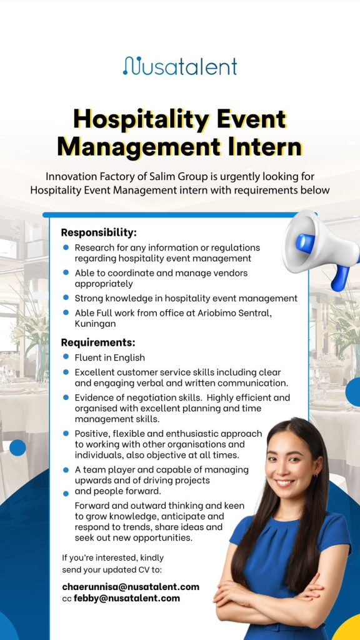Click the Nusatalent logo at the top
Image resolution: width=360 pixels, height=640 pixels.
pos(180,66)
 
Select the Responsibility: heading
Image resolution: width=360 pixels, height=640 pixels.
pos(99,232)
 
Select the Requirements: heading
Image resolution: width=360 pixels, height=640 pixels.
pos(98,342)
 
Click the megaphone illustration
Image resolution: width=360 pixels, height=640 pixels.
pos(321,249)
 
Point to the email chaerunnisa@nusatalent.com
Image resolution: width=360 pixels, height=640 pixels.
pos(131,587)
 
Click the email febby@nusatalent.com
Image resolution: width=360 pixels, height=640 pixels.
pos(127,598)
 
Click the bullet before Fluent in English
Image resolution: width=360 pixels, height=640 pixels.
pos(66,357)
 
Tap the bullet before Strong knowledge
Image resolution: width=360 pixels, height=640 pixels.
pos(66,297)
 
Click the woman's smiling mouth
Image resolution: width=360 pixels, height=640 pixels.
pos(285,482)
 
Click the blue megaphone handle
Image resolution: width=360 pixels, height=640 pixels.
pos(339,277)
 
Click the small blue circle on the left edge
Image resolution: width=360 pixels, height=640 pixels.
pos(17,447)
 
